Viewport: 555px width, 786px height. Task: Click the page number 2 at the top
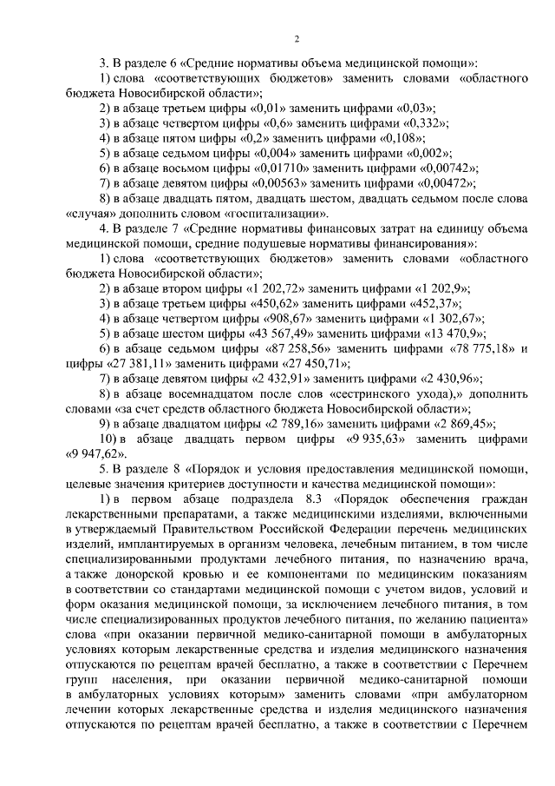(296, 39)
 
